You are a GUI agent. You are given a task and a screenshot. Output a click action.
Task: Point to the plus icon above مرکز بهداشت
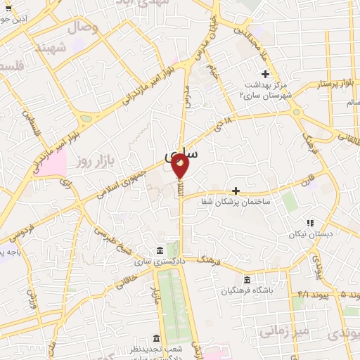[265, 74]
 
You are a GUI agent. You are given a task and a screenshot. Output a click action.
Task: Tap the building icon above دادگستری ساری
[161, 251]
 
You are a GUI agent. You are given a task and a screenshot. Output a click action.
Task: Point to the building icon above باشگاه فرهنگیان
[245, 279]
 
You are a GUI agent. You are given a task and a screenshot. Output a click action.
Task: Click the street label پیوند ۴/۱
[309, 295]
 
